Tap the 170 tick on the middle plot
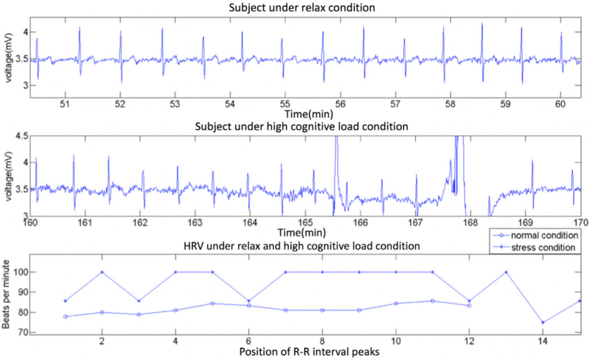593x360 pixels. point(580,221)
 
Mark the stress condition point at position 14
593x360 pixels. point(543,322)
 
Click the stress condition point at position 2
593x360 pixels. point(102,272)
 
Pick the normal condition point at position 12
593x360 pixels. point(469,305)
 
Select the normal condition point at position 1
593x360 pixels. point(65,316)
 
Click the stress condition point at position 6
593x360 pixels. point(249,301)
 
